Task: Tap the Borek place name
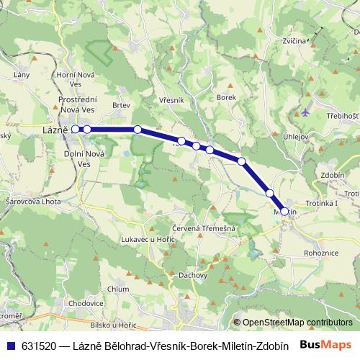(x=226, y=97)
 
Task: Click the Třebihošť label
(x=342, y=116)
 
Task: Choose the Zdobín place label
(x=332, y=174)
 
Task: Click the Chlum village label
(x=117, y=289)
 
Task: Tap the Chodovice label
(x=85, y=305)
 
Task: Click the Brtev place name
(x=121, y=105)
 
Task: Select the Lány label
(x=22, y=74)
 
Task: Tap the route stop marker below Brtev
(x=138, y=130)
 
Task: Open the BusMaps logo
(x=324, y=343)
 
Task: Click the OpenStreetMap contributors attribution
(x=297, y=323)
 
